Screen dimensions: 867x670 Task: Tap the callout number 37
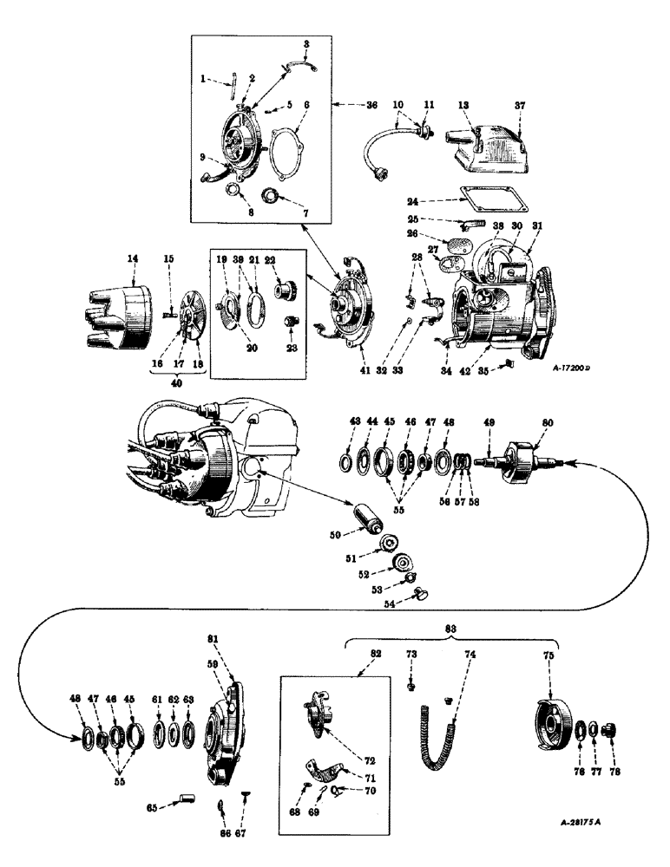click(x=519, y=106)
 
